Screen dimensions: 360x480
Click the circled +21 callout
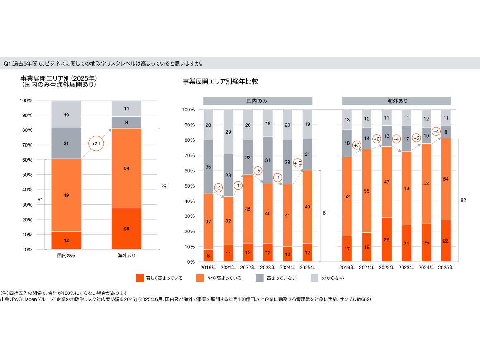(96, 144)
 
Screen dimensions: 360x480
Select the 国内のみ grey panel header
(258, 101)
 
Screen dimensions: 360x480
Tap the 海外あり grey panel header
(396, 101)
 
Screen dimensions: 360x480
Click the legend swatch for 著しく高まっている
(140, 278)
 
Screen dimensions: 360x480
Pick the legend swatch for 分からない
(314, 278)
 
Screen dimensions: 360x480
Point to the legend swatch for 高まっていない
(260, 278)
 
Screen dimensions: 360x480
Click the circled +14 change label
(238, 186)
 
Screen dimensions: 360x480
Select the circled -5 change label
(258, 171)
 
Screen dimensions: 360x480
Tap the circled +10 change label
(298, 163)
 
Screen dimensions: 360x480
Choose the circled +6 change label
(416, 138)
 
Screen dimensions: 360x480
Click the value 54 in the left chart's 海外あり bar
(126, 168)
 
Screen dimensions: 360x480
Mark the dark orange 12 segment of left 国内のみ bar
(66, 240)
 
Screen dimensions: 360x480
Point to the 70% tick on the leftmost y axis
(27, 145)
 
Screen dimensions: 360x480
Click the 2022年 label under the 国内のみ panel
(248, 268)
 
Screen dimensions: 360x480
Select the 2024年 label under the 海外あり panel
(426, 268)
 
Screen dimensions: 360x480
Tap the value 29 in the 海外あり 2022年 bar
(387, 240)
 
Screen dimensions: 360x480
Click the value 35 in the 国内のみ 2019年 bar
(208, 167)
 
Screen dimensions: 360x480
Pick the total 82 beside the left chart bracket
(165, 186)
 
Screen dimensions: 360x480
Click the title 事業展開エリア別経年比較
(220, 82)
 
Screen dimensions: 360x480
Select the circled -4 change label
(396, 139)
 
